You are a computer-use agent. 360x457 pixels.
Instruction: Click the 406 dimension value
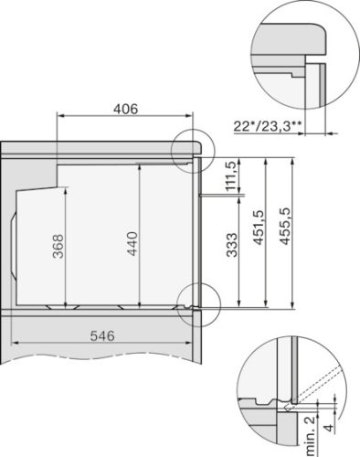coord(125,109)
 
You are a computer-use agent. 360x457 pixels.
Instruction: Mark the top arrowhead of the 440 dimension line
coord(139,167)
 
